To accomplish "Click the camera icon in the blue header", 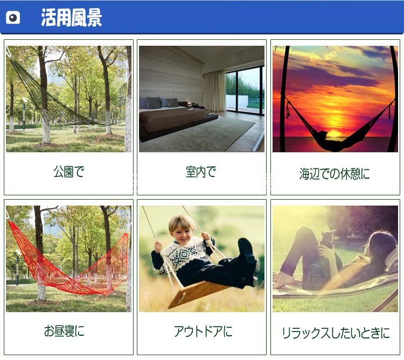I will [x=13, y=18].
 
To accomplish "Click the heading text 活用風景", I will [x=72, y=18].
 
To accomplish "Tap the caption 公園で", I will [x=69, y=172].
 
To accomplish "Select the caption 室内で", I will [x=201, y=172].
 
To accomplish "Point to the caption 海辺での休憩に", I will [x=335, y=173].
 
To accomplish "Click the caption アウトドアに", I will [x=203, y=331].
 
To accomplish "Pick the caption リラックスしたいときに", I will [x=336, y=333].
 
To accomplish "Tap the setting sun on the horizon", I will [x=335, y=133].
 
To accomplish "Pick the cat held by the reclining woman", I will [x=326, y=239].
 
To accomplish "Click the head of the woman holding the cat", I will [x=380, y=245].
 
